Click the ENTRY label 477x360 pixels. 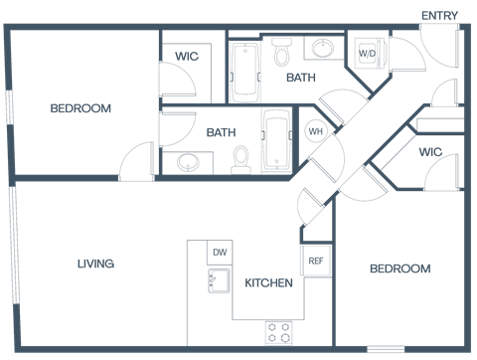439,16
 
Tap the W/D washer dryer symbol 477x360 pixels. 368,53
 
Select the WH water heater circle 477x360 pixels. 315,131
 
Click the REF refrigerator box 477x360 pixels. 316,261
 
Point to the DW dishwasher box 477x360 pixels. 220,253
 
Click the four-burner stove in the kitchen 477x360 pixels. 278,331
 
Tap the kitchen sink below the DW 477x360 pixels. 219,280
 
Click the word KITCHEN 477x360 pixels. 268,283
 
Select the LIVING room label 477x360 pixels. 95,264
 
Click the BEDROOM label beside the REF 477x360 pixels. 399,269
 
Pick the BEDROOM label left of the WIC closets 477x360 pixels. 80,108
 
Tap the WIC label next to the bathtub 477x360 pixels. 186,57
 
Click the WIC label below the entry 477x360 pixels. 429,152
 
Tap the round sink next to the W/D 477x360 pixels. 324,48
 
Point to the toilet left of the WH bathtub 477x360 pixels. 239,158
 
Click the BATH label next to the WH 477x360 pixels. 221,131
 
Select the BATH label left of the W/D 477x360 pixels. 301,77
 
